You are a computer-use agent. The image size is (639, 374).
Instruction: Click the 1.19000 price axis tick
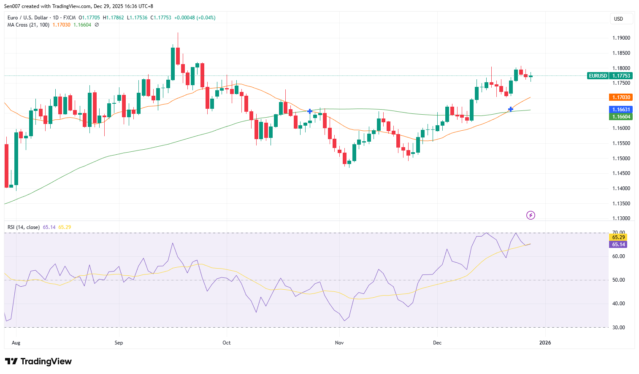pyautogui.click(x=621, y=38)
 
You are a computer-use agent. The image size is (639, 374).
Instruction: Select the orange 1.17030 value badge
pyautogui.click(x=621, y=97)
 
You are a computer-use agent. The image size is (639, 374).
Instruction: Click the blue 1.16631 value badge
pyautogui.click(x=621, y=110)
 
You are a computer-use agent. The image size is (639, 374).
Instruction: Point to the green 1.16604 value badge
pyautogui.click(x=621, y=117)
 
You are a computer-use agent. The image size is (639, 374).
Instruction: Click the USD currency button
pyautogui.click(x=621, y=19)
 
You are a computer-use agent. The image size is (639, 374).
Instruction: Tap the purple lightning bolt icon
pyautogui.click(x=531, y=215)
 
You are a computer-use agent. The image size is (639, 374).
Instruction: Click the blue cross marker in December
pyautogui.click(x=511, y=109)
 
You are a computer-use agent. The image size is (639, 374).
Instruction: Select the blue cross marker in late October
pyautogui.click(x=310, y=111)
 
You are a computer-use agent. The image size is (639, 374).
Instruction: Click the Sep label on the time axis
pyautogui.click(x=119, y=343)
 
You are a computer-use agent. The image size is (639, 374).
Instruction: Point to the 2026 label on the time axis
pyautogui.click(x=545, y=343)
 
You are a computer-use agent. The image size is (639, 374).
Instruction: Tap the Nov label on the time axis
pyautogui.click(x=339, y=343)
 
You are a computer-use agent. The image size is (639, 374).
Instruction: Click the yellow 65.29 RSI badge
pyautogui.click(x=618, y=237)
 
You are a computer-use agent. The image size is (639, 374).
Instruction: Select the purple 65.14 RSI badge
pyautogui.click(x=618, y=245)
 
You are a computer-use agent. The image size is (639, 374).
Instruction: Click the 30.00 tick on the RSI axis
pyautogui.click(x=618, y=328)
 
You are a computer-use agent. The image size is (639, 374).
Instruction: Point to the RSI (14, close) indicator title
pyautogui.click(x=24, y=227)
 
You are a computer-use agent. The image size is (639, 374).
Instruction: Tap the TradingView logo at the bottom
pyautogui.click(x=38, y=361)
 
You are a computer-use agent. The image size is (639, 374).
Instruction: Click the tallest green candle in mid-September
pyautogui.click(x=173, y=63)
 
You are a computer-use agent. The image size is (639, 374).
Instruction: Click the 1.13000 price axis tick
pyautogui.click(x=621, y=218)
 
